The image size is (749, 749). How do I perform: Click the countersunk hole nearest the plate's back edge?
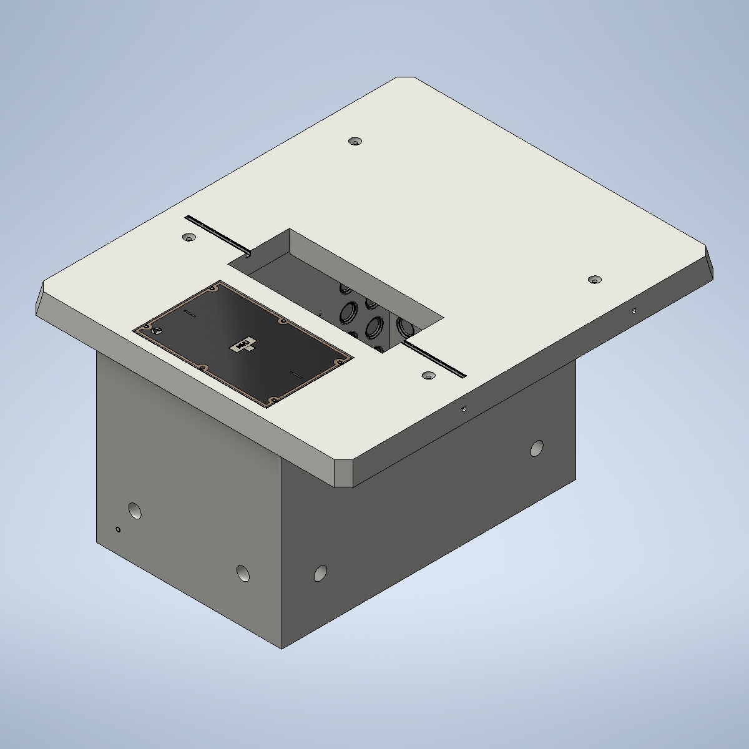click(355, 142)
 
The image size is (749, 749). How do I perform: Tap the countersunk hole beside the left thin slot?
click(188, 238)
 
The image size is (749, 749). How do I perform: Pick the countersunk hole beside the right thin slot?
click(428, 376)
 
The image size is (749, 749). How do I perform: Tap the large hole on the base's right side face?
click(536, 448)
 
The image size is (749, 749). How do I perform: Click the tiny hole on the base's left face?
click(118, 530)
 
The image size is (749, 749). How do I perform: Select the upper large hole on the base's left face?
click(134, 511)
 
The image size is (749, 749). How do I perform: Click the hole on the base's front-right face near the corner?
click(320, 572)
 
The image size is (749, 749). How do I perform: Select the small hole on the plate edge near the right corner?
click(634, 310)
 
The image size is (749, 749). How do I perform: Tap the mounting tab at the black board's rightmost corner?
click(341, 362)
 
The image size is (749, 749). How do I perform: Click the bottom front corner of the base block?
click(282, 648)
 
